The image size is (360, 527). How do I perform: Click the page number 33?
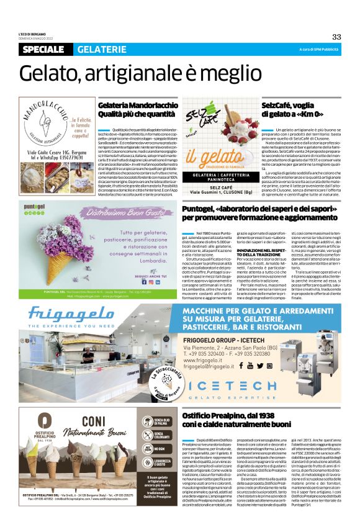pyautogui.click(x=336, y=37)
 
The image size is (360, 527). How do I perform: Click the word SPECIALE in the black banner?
pyautogui.click(x=45, y=49)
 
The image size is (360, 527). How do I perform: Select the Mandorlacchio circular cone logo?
pyautogui.click(x=45, y=124)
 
